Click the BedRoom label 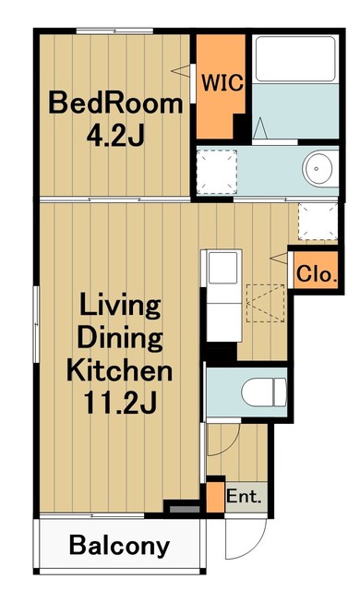[x=115, y=103]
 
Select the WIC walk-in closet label [x=222, y=82]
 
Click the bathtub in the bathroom [x=295, y=59]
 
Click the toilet [x=264, y=392]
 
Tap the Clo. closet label [x=316, y=273]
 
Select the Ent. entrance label [x=244, y=497]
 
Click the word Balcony [x=120, y=546]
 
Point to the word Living [x=120, y=308]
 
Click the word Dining [x=120, y=339]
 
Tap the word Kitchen [x=120, y=370]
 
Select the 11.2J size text [x=120, y=403]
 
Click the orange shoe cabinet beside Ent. [x=215, y=497]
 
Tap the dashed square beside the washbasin [x=217, y=172]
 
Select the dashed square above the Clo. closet [x=318, y=222]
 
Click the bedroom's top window [x=114, y=30]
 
